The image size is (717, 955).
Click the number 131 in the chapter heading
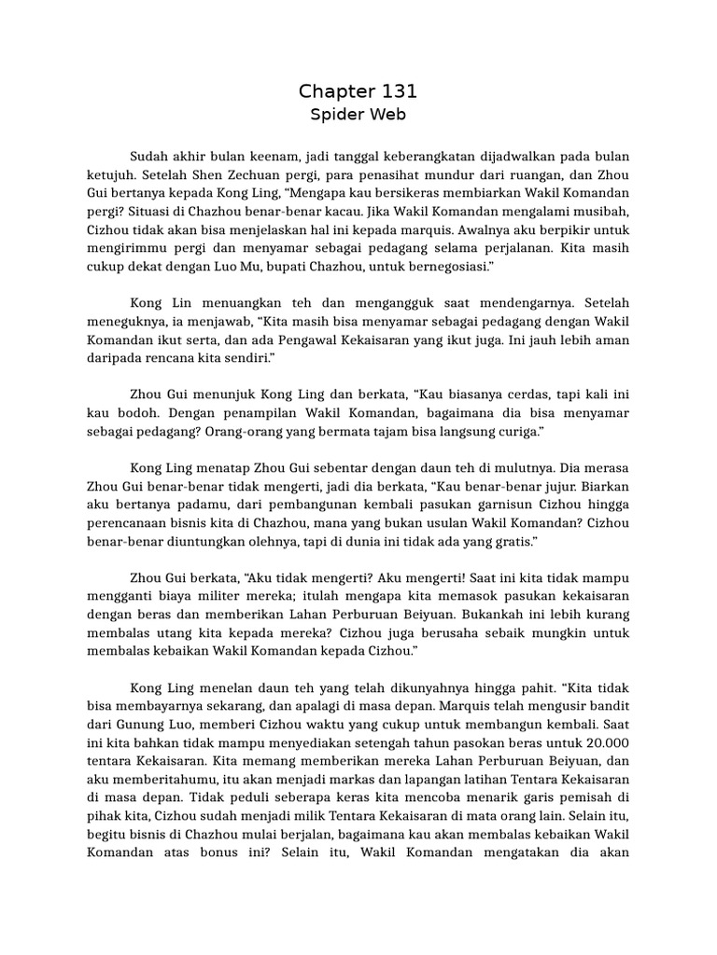(x=396, y=91)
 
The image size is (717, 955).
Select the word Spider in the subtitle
(x=334, y=116)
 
